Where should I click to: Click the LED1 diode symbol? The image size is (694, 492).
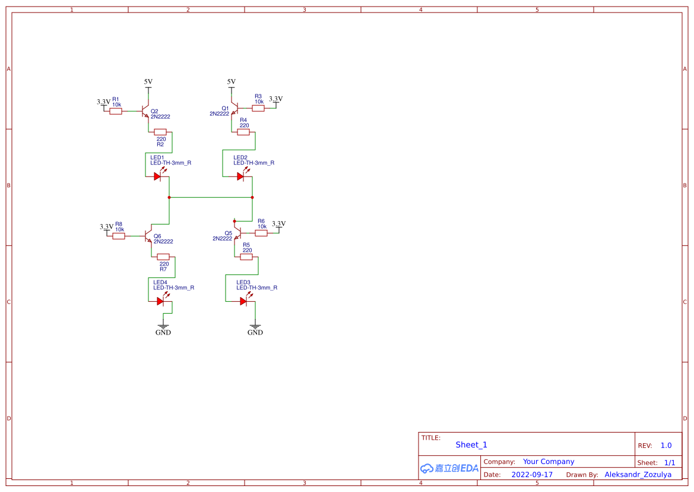[x=158, y=176]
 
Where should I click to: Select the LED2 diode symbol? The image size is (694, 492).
[x=241, y=176]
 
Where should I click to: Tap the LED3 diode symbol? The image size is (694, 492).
[x=244, y=301]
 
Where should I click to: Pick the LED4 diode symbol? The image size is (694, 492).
[x=161, y=301]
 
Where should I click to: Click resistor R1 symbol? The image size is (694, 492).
[x=116, y=111]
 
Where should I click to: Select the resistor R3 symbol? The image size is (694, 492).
[x=258, y=108]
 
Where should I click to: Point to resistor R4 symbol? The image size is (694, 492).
[x=243, y=132]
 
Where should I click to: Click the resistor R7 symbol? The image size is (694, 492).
[x=163, y=257]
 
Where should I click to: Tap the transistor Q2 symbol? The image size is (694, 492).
[x=145, y=111]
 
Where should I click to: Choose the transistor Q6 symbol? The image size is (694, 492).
[x=148, y=236]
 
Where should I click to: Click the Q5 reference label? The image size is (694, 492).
[x=229, y=233]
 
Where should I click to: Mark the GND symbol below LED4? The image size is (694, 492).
[x=163, y=326]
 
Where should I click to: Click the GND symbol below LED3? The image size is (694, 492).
[x=255, y=326]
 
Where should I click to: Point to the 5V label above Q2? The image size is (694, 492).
[x=148, y=82]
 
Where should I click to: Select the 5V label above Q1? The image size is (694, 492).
[x=232, y=82]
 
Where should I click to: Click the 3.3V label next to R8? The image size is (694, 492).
[x=106, y=226]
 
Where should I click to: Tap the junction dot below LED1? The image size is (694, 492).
[x=169, y=197]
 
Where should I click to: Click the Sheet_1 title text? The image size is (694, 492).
[x=471, y=444]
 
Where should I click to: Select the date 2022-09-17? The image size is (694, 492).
[x=532, y=475]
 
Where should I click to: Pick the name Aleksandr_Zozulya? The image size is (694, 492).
[x=638, y=475]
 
